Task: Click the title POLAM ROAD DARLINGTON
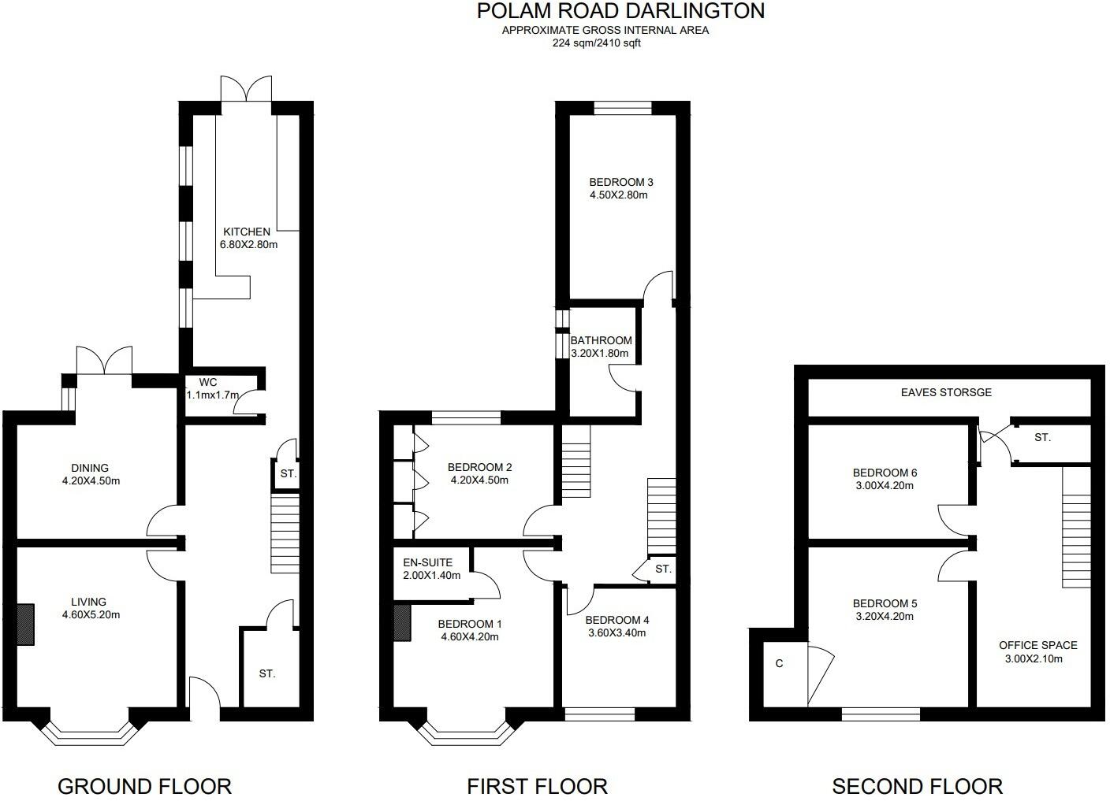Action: tap(620, 11)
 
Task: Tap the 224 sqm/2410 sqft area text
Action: tap(596, 43)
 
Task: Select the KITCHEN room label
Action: tap(247, 232)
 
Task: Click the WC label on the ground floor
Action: tap(207, 382)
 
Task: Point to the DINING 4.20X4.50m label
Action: tap(89, 474)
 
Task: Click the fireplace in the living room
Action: tap(26, 625)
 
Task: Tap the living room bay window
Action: tap(89, 733)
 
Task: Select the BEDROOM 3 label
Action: tap(621, 182)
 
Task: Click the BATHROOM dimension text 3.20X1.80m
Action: tap(600, 354)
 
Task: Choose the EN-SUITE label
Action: tap(427, 562)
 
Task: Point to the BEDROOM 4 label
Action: tap(617, 620)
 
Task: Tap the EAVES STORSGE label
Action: tap(946, 392)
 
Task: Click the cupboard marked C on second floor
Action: tap(780, 664)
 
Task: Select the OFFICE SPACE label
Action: tap(1037, 645)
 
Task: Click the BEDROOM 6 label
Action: tap(885, 473)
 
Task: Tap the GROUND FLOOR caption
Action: tap(144, 786)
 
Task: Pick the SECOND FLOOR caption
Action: tap(917, 786)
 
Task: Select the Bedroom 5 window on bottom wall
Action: tap(881, 714)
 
